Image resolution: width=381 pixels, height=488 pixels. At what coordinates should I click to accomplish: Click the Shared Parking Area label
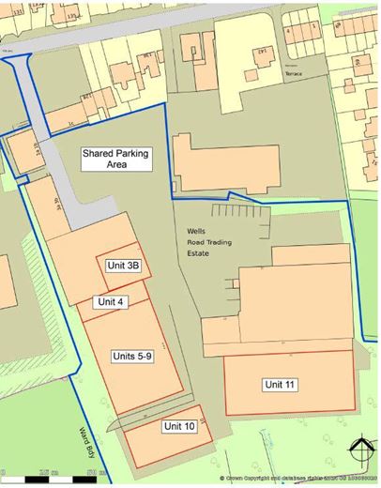117,158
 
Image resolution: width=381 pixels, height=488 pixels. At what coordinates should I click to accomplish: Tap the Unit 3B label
123,266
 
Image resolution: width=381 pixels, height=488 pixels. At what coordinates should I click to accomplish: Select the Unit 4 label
110,301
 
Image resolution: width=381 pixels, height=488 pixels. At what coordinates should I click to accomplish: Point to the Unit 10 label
178,427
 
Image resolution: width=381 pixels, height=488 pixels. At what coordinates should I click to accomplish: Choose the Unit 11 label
280,384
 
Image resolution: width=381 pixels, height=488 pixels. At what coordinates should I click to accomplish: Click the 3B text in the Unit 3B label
132,266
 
